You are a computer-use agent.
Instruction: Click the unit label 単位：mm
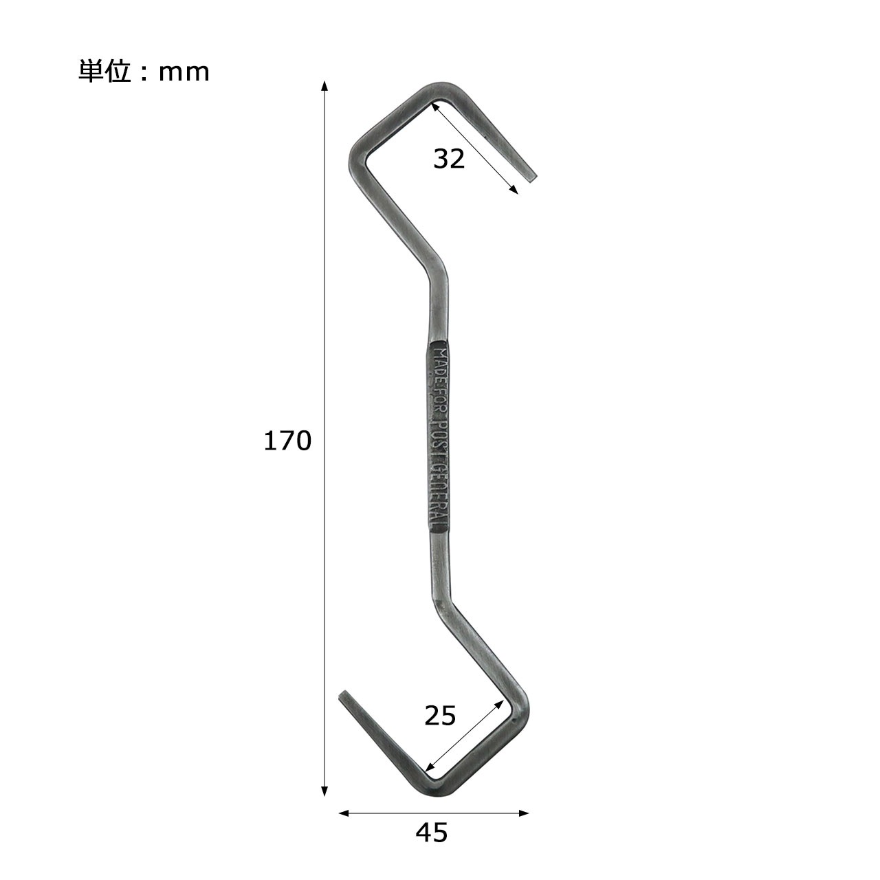tap(144, 71)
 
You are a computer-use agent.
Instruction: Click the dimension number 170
tap(287, 441)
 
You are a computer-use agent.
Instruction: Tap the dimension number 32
tap(449, 159)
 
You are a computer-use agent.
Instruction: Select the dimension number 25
tap(440, 716)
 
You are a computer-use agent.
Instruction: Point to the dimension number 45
tap(431, 833)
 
